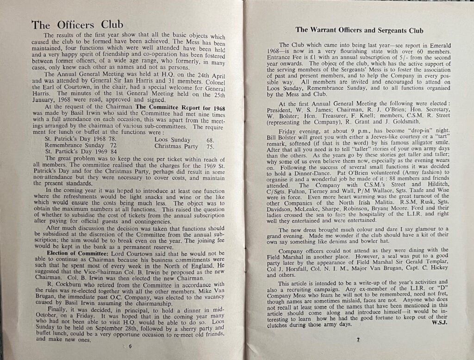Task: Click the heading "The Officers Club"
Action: click(x=76, y=25)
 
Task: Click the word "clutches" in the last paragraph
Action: click(x=272, y=324)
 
